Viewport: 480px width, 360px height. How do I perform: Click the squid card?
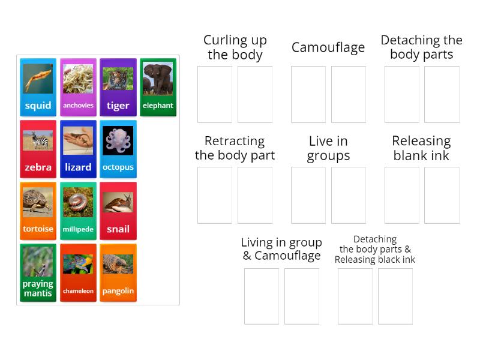point(38,87)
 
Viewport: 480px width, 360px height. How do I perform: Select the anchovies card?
point(78,87)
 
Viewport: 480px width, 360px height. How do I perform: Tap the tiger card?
point(118,87)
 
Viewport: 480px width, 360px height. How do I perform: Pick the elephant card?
point(158,87)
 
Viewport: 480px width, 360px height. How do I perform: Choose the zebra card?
point(38,149)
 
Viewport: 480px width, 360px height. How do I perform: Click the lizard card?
point(78,149)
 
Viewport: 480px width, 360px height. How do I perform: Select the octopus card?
point(118,149)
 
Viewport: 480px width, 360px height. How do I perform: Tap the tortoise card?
point(38,211)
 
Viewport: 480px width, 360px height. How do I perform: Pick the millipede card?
point(78,211)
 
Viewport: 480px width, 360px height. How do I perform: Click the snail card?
point(118,211)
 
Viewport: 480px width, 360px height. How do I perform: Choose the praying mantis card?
point(38,272)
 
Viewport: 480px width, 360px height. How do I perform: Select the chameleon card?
point(78,272)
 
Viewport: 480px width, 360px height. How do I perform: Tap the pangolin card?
point(118,272)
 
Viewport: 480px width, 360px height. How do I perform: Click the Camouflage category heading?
point(328,47)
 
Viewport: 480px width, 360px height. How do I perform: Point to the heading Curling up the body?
point(235,47)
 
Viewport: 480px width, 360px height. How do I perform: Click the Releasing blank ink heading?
point(421,148)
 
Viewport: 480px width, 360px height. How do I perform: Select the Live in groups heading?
point(328,148)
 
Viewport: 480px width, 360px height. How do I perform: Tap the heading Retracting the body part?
point(235,148)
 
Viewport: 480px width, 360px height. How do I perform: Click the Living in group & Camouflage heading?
point(281,249)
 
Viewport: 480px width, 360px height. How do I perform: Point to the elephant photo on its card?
point(158,79)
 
